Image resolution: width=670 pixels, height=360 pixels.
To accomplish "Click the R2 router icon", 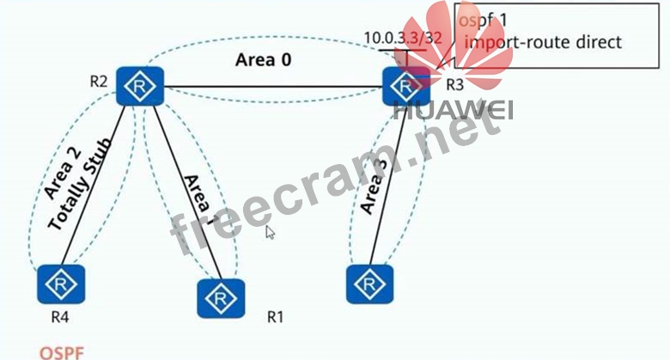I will point(140,86).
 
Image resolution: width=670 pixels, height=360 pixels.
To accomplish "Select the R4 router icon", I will point(61,283).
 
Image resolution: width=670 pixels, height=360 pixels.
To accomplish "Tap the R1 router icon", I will point(222,298).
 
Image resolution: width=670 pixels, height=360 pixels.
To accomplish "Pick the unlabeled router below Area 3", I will point(370,283).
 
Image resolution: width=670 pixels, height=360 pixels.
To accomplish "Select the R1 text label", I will point(274,316).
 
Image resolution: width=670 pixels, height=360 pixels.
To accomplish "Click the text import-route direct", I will point(541,41).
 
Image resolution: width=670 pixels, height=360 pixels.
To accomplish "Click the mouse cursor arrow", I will point(270,231).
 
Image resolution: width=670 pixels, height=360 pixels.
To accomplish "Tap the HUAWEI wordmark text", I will point(453,111).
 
